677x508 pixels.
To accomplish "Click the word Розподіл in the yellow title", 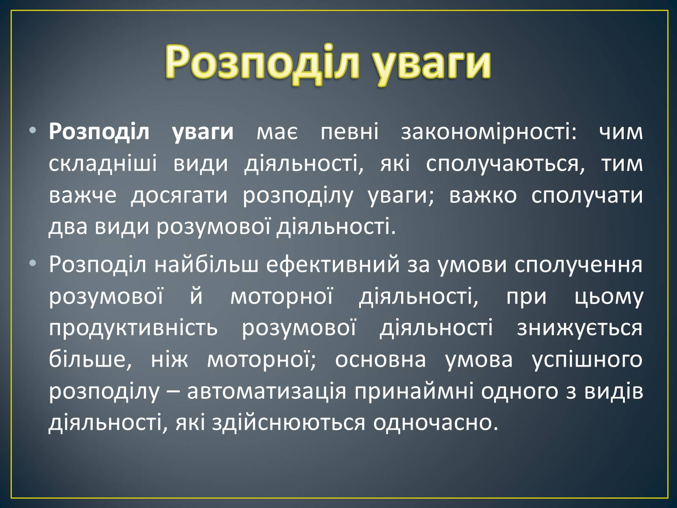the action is (262, 62).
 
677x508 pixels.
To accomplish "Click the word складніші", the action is (103, 164).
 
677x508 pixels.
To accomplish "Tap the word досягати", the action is (179, 196).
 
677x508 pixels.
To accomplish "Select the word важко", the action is (483, 195).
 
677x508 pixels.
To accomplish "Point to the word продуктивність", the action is (133, 328).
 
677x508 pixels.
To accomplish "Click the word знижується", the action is (580, 328).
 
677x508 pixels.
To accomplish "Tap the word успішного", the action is (587, 360).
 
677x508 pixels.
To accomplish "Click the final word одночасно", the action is (435, 423).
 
